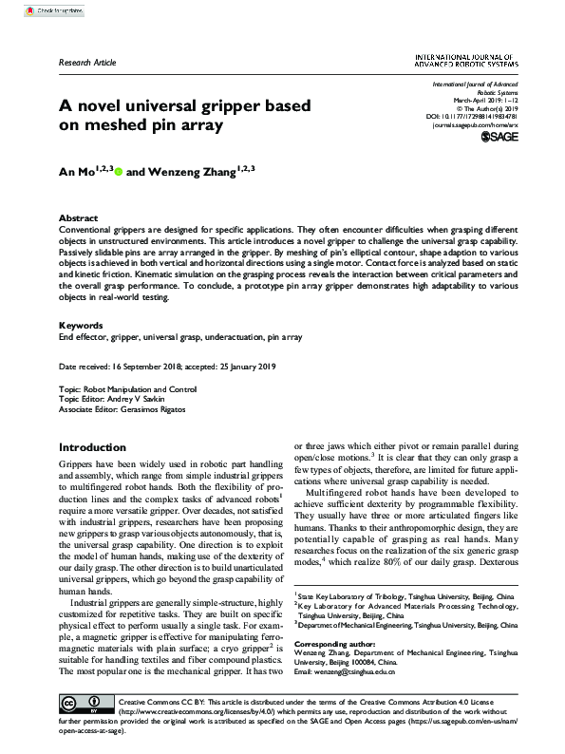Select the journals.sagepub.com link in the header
476,125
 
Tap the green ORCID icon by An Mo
120,173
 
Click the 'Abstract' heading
78,217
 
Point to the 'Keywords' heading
81,325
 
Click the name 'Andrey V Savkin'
135,400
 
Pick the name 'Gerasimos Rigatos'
154,410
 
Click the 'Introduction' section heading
92,447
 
